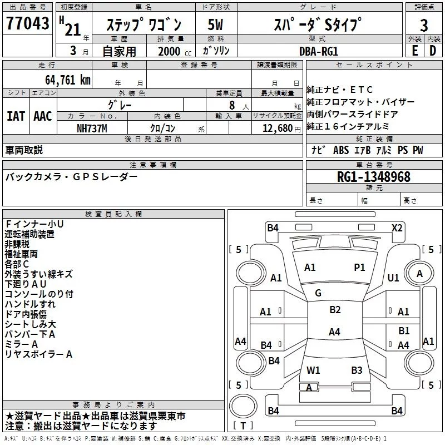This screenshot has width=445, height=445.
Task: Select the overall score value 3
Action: pyautogui.click(x=424, y=25)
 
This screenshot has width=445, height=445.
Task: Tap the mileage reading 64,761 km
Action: pyautogui.click(x=63, y=80)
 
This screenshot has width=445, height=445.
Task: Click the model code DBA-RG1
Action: pyautogui.click(x=318, y=51)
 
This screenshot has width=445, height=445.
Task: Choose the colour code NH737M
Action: pyautogui.click(x=93, y=128)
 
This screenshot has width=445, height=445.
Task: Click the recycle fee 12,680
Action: pyautogui.click(x=275, y=128)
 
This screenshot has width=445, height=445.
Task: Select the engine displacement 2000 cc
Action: pyautogui.click(x=169, y=51)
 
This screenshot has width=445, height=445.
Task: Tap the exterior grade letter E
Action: pyautogui.click(x=414, y=51)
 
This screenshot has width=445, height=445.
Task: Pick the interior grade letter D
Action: pyautogui.click(x=433, y=51)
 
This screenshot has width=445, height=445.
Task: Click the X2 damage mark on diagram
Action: pyautogui.click(x=397, y=228)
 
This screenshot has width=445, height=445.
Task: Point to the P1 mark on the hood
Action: pyautogui.click(x=360, y=268)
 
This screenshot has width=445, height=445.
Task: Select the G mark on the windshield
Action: pyautogui.click(x=318, y=293)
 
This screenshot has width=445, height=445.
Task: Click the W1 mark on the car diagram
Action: pyautogui.click(x=313, y=370)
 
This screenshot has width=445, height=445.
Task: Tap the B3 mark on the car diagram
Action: pyautogui.click(x=357, y=370)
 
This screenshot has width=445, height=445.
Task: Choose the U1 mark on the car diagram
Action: pyautogui.click(x=393, y=278)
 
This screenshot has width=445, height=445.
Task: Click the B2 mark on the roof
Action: pyautogui.click(x=335, y=310)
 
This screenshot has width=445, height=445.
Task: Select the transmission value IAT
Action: pyautogui.click(x=16, y=116)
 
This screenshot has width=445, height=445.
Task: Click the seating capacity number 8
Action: pyautogui.click(x=230, y=105)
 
